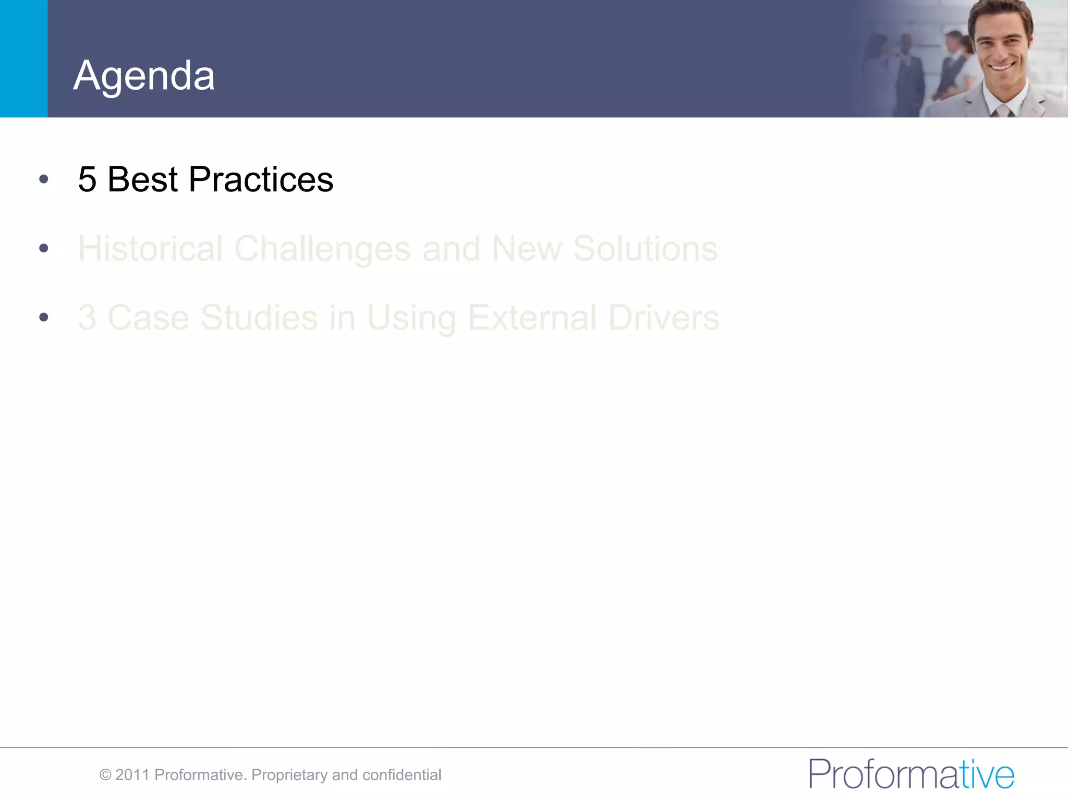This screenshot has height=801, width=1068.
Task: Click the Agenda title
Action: coord(144,76)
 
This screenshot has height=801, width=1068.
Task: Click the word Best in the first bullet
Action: coord(142,179)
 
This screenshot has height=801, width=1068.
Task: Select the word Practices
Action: coord(261,179)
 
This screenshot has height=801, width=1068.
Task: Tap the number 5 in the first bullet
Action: coord(87,179)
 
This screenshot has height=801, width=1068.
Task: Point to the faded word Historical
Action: coord(150,248)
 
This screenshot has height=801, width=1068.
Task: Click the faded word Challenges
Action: coord(322,249)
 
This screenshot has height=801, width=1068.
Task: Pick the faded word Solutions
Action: coord(645,248)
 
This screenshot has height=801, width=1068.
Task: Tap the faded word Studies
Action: coord(259,318)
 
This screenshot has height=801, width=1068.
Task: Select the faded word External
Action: coord(532,318)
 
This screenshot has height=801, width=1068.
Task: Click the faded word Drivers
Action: coord(663,318)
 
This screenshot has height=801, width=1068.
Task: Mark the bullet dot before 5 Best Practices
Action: coord(44,179)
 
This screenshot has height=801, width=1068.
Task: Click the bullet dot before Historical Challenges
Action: coord(44,248)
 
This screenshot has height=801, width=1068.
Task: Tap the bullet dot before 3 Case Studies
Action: coord(44,317)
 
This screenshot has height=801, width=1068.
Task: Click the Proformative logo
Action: coord(911,774)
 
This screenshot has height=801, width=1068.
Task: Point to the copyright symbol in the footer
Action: coord(105,775)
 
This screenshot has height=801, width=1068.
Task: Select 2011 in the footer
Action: coord(132,775)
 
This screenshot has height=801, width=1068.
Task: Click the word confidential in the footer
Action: coord(402,775)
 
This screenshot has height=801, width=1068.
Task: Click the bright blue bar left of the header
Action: coord(23,58)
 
